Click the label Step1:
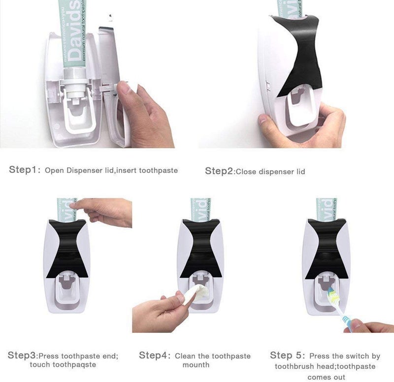click(24, 170)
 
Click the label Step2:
click(219, 171)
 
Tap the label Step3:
click(22, 355)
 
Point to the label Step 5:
click(288, 355)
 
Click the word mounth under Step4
click(196, 365)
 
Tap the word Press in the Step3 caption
click(50, 356)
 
